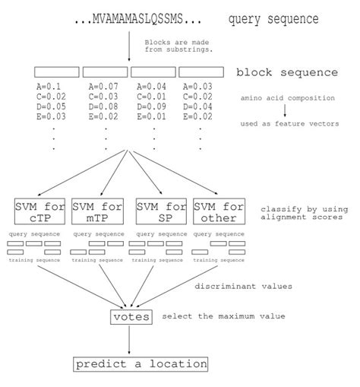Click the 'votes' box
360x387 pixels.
(x=131, y=316)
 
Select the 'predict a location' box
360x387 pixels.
(x=141, y=364)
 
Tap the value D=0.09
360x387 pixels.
(x=153, y=106)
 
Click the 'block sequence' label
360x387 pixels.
(x=287, y=73)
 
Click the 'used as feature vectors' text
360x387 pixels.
(x=289, y=123)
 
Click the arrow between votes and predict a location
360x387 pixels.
(x=130, y=341)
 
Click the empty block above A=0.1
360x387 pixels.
(x=57, y=71)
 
